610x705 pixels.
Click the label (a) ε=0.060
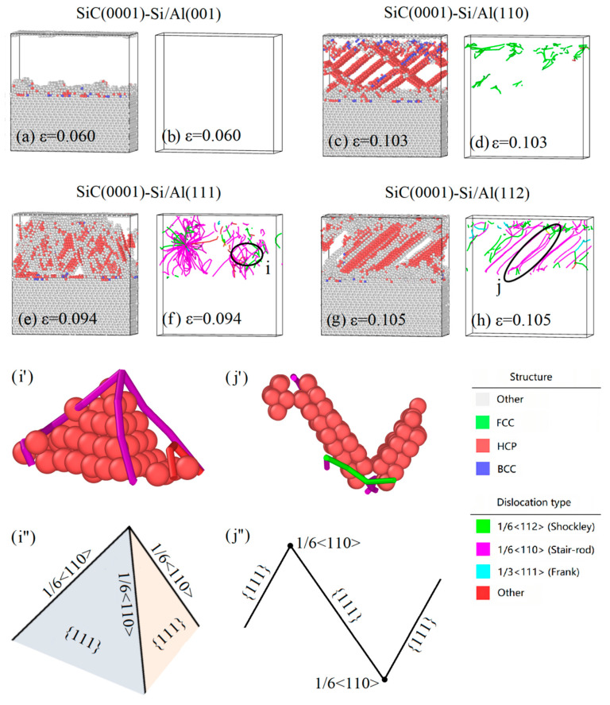pyautogui.click(x=56, y=136)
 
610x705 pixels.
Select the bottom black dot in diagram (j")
pyautogui.click(x=384, y=680)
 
